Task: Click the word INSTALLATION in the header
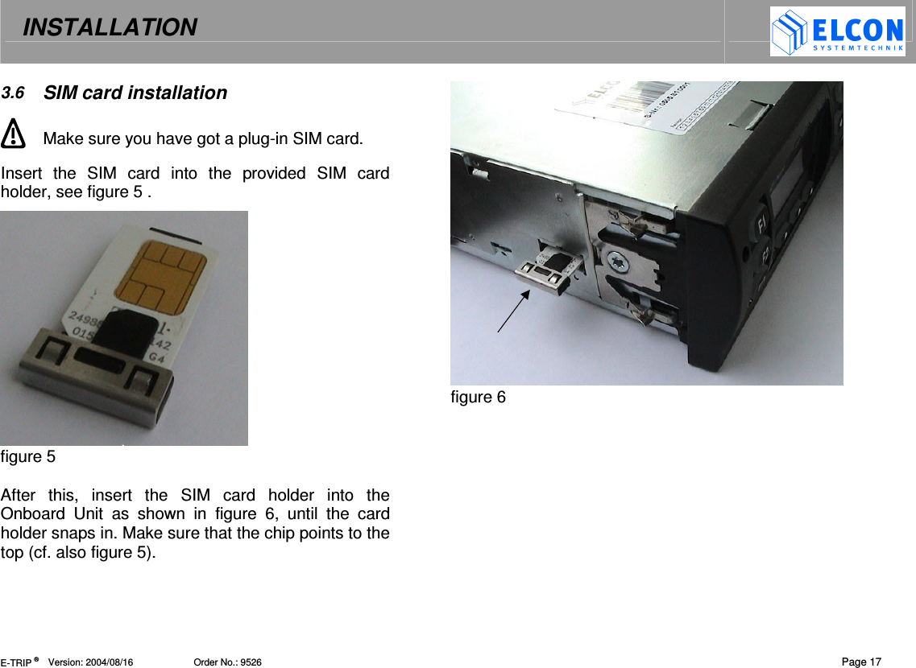pyautogui.click(x=110, y=28)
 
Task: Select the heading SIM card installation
pyautogui.click(x=135, y=93)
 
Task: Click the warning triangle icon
pyautogui.click(x=13, y=134)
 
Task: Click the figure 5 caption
pyautogui.click(x=28, y=457)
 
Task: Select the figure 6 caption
pyautogui.click(x=478, y=398)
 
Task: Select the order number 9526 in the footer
pyautogui.click(x=250, y=662)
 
